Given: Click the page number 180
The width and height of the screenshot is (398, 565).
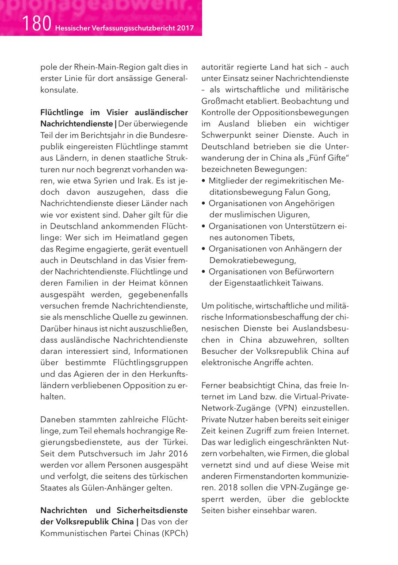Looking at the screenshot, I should coord(37,24).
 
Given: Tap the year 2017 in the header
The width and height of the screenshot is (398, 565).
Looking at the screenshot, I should coord(185,28).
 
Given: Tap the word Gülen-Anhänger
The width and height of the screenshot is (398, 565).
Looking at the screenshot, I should coord(107,488).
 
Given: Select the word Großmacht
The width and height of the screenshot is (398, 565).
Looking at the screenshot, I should coord(223,101).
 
